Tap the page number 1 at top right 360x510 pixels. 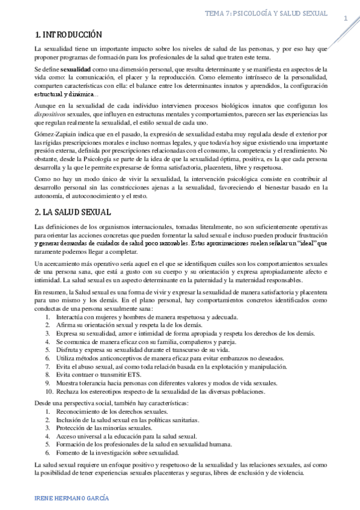(x=346, y=19)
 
